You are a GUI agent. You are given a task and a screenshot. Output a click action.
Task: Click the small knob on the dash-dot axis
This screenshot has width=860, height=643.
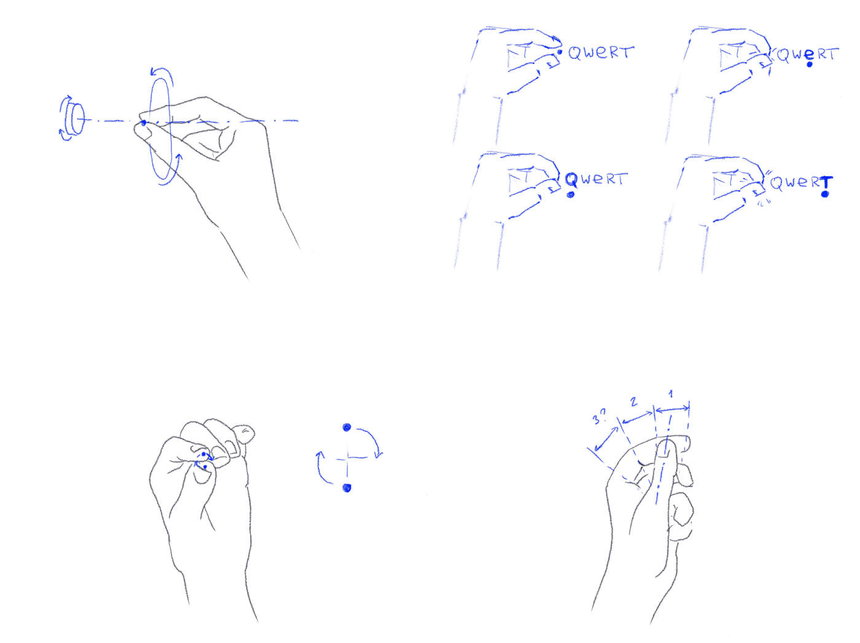[74, 119]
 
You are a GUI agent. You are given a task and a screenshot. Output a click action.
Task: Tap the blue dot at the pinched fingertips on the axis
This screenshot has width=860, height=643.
[143, 123]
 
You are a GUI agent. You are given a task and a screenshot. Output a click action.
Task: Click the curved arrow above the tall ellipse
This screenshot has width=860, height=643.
[162, 74]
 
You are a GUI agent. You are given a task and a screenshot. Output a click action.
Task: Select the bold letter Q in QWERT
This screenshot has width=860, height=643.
[571, 180]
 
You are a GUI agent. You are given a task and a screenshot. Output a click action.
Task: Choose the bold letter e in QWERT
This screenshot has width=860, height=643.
[809, 55]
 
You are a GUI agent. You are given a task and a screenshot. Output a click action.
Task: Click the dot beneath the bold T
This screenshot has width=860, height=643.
[825, 194]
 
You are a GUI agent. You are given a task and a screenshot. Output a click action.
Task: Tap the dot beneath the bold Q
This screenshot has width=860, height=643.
[571, 194]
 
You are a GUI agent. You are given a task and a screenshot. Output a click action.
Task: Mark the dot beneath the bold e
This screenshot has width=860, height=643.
[810, 64]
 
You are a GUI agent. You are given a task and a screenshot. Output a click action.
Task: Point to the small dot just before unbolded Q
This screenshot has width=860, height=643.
[560, 52]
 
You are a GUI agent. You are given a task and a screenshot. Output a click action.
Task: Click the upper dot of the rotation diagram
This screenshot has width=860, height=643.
[346, 427]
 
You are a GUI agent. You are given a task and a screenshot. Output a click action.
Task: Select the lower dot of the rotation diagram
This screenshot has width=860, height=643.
[346, 488]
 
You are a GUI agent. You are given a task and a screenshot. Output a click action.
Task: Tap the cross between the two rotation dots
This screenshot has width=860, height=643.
[348, 458]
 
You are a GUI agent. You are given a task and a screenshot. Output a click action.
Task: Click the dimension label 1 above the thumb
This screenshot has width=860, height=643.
[670, 394]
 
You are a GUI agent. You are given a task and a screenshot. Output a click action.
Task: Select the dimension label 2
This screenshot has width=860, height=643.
[633, 402]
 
